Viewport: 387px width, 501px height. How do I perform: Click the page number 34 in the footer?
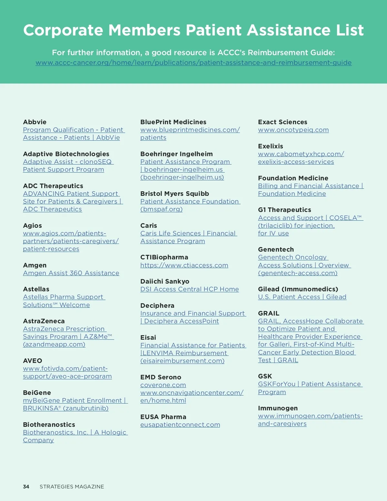(x=26, y=486)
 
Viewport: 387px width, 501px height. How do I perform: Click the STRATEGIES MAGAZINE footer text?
(x=72, y=486)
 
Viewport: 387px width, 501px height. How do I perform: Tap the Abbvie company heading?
(x=35, y=122)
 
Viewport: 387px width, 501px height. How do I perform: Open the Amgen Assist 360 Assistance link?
(x=71, y=273)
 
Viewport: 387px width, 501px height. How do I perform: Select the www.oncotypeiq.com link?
(x=293, y=130)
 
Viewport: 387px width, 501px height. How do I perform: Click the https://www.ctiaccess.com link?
(x=184, y=265)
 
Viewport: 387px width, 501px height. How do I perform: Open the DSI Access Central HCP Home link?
(x=189, y=289)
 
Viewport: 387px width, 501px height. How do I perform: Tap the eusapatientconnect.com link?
(x=180, y=425)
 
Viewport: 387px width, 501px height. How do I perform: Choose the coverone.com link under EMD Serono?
(x=163, y=385)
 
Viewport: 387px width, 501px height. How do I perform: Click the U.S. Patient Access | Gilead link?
(x=302, y=297)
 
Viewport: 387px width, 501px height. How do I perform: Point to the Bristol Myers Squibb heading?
(x=174, y=194)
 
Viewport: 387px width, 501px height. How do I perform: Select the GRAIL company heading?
(x=269, y=313)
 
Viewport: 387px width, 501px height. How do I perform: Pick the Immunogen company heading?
(x=278, y=408)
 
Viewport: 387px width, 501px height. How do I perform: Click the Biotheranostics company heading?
(x=49, y=425)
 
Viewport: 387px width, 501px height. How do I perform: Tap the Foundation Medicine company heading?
(x=293, y=178)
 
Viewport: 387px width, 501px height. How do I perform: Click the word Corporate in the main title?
(x=63, y=30)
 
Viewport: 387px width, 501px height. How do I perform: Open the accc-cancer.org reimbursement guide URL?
(x=193, y=63)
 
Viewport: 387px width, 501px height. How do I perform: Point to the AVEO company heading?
(x=33, y=361)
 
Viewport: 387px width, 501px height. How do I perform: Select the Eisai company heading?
(x=148, y=337)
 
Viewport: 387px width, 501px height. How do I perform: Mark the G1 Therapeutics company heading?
(x=284, y=210)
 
